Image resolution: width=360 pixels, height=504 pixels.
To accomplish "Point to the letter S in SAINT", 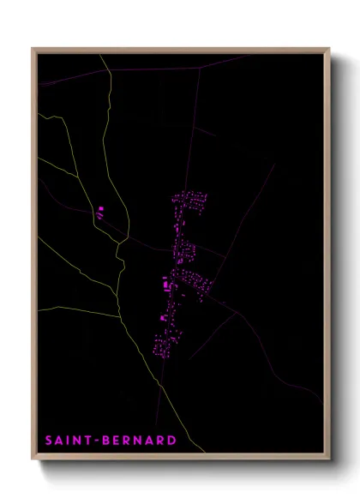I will click(49, 441).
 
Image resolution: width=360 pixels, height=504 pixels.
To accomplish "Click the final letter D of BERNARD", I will click(172, 441).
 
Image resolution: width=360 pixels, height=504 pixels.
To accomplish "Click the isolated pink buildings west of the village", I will click(100, 212).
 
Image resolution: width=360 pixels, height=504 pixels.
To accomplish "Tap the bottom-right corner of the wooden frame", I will click(330, 460).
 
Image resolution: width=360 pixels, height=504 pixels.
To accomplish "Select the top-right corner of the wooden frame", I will click(330, 49).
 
